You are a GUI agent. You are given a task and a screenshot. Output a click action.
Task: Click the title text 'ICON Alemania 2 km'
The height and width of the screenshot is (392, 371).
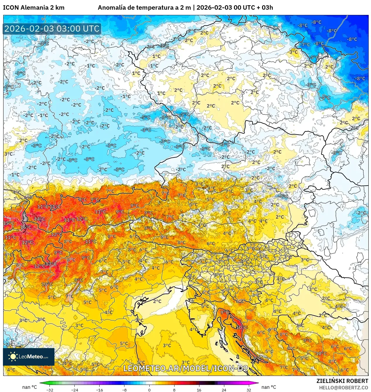point(34,8)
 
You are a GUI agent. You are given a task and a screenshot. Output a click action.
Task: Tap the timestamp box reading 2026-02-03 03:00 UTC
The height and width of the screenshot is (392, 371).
point(52,29)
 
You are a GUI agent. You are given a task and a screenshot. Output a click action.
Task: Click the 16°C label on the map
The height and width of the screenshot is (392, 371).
point(26,227)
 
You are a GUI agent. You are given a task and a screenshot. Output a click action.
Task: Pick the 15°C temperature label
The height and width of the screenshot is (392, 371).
point(8,223)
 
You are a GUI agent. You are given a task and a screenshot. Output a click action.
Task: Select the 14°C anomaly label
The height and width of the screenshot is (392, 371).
point(40,219)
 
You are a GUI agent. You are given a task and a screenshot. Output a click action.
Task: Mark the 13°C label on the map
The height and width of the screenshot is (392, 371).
point(51,264)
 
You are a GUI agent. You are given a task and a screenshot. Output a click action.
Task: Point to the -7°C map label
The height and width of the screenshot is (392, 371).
point(305,44)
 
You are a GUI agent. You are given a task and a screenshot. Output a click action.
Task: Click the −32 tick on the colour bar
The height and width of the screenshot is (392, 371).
point(50,390)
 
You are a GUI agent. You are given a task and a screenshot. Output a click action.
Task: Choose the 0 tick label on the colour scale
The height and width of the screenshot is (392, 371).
point(149,390)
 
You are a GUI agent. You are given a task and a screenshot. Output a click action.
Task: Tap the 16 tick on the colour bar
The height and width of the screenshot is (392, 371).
point(199,390)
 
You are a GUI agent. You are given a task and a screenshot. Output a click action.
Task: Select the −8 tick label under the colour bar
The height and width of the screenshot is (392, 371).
point(124,390)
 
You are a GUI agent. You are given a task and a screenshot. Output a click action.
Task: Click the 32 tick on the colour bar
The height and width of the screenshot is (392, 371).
point(249,390)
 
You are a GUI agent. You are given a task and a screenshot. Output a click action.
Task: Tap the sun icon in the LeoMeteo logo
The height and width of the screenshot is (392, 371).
point(13,356)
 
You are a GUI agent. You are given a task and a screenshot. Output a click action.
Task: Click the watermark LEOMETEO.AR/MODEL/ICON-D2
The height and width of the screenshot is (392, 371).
point(186,368)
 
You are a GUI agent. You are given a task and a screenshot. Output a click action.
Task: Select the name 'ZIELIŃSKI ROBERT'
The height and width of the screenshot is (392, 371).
point(342,381)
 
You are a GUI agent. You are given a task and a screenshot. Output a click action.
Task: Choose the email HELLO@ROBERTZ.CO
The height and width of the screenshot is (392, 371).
point(343,388)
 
